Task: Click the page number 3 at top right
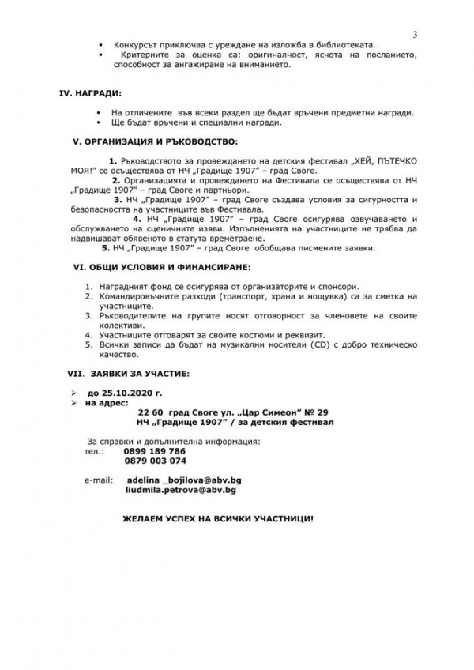tap(415, 33)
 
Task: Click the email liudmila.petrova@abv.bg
tap(181, 490)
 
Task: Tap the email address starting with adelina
tap(181, 480)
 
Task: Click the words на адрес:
tap(101, 402)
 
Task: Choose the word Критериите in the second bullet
tap(147, 55)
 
